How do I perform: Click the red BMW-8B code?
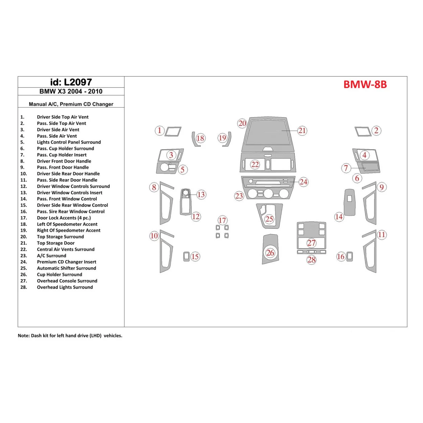click(365, 85)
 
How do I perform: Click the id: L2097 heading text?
click(71, 82)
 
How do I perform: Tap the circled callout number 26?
click(270, 253)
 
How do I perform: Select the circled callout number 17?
click(222, 220)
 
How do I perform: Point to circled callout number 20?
click(242, 124)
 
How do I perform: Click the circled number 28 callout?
click(311, 260)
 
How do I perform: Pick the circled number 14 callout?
click(339, 217)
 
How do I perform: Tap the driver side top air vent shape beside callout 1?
click(173, 132)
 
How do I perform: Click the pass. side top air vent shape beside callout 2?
click(363, 132)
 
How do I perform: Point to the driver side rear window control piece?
click(186, 257)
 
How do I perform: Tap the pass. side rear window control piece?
click(350, 257)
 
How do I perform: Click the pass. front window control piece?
click(349, 202)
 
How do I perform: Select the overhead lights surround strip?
click(311, 252)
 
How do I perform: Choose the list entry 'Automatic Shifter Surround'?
click(66, 268)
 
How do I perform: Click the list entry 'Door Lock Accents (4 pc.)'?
click(64, 218)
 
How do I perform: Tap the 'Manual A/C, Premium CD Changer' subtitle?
click(71, 104)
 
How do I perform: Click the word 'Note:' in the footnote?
click(24, 336)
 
